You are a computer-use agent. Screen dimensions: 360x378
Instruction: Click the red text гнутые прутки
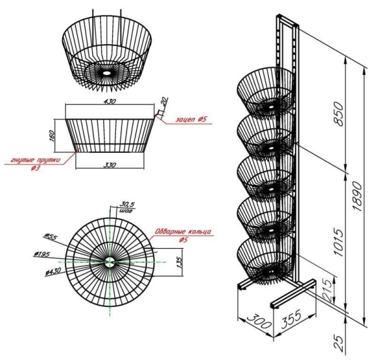(37, 160)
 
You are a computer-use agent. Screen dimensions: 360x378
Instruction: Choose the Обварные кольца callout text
(183, 231)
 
